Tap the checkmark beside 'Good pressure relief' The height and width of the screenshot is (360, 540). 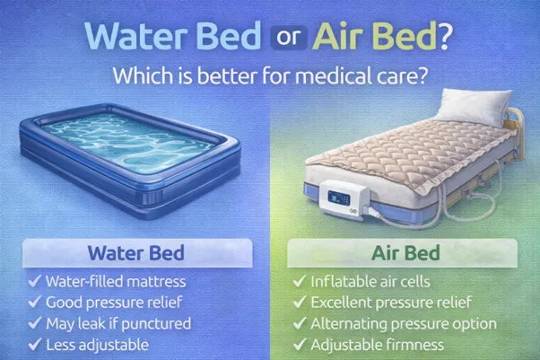click(33, 303)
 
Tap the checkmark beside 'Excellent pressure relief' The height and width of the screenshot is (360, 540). click(300, 303)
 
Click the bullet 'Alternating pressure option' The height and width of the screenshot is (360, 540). click(403, 323)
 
